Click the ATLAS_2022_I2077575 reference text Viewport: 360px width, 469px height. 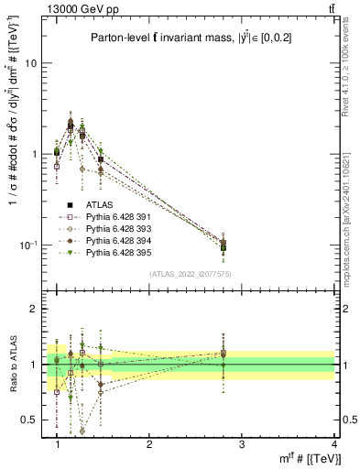tap(191, 274)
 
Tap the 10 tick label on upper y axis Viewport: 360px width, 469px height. tap(30, 63)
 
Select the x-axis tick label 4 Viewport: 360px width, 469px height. tap(333, 443)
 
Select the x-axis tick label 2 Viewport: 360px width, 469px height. tap(149, 443)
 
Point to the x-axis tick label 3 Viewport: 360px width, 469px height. tap(241, 443)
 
